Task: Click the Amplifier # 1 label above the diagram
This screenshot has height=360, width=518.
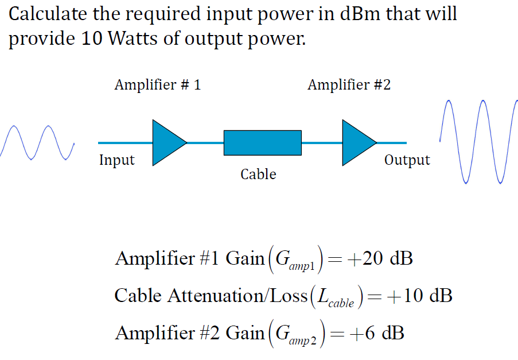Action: pyautogui.click(x=157, y=85)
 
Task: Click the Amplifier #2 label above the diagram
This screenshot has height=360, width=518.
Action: pyautogui.click(x=349, y=85)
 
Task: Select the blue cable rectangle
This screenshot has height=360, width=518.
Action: pyautogui.click(x=262, y=142)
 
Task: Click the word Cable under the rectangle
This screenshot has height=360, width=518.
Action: pyautogui.click(x=258, y=174)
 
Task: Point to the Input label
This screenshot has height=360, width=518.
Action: pyautogui.click(x=116, y=160)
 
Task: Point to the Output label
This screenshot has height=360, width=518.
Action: pyautogui.click(x=407, y=160)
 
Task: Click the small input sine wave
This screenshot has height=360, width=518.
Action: pyautogui.click(x=38, y=144)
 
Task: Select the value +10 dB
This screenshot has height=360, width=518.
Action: pyautogui.click(x=419, y=296)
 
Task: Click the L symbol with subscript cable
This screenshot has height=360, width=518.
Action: pyautogui.click(x=336, y=298)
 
